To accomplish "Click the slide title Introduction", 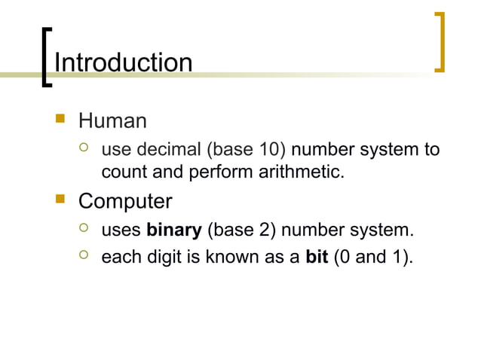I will [x=123, y=63].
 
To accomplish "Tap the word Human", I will [x=112, y=121].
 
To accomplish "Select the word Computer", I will [x=125, y=202].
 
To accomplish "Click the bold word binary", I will [x=174, y=230].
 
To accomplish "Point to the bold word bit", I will [x=317, y=258].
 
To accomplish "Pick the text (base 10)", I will [x=247, y=148].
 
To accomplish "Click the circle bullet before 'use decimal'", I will [x=84, y=148].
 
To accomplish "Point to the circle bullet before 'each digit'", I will [x=84, y=257].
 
